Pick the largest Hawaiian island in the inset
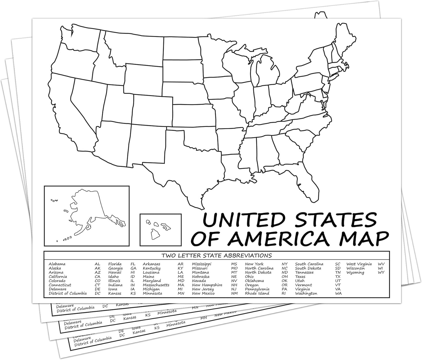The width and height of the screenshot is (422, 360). click(x=154, y=234)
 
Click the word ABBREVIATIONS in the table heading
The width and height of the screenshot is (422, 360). click(x=248, y=255)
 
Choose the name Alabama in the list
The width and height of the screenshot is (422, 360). click(x=57, y=264)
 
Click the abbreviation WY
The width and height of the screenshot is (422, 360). click(x=381, y=272)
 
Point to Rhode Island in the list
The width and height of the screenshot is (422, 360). click(x=257, y=293)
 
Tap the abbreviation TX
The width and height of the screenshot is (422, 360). click(x=338, y=277)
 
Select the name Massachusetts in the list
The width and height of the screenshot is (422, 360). click(x=156, y=285)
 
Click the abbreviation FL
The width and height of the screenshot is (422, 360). click(x=133, y=264)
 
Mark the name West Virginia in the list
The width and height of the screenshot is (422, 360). click(x=359, y=264)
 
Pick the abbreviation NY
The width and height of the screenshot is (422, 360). click(x=285, y=264)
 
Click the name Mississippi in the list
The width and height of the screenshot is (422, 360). click(x=201, y=264)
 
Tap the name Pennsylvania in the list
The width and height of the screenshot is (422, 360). click(x=257, y=289)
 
